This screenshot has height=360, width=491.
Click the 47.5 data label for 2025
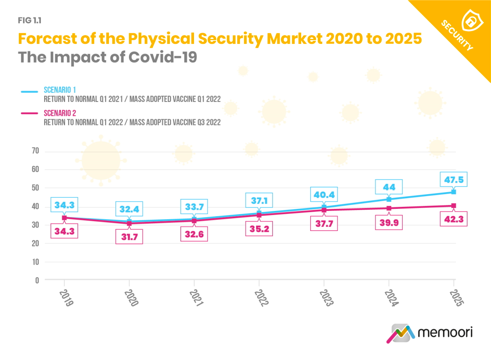pyautogui.click(x=453, y=179)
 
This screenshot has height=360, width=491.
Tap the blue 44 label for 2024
pyautogui.click(x=388, y=187)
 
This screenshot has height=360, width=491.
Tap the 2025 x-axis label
pyautogui.click(x=455, y=298)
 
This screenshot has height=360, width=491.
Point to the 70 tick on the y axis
pyautogui.click(x=35, y=151)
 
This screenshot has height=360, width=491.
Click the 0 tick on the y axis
pyautogui.click(x=37, y=281)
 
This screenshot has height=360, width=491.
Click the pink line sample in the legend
pyautogui.click(x=30, y=114)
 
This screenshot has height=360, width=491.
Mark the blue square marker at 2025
pyautogui.click(x=453, y=192)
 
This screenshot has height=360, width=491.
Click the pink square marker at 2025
pyautogui.click(x=453, y=206)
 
